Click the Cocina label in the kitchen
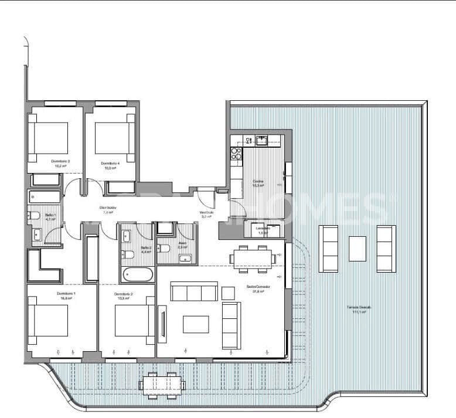coord(258,182)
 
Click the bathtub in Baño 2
coord(138,274)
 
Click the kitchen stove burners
coord(236,154)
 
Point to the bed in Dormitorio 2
coord(134,320)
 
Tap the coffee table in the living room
coord(196,324)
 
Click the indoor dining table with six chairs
coord(253,257)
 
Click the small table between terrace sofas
coord(357,249)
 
